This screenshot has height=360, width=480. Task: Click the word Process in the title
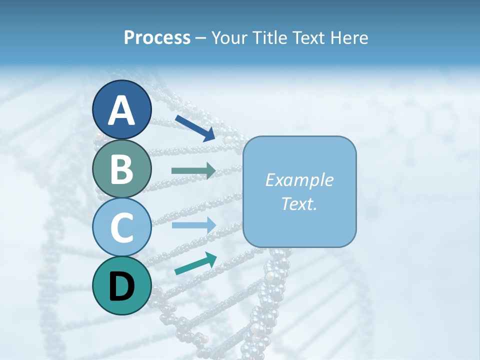[x=157, y=38]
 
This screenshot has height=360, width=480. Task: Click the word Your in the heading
[x=228, y=38]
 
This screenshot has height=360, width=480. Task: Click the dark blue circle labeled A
[x=121, y=110]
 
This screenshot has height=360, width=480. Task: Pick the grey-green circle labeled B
[x=121, y=168]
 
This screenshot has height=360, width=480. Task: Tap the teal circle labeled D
[x=121, y=285]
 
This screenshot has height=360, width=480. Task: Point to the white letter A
[x=121, y=111]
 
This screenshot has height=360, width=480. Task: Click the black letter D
[x=121, y=286]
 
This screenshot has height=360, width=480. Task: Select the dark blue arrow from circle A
[x=195, y=128]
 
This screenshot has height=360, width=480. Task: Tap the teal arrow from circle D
[x=195, y=263]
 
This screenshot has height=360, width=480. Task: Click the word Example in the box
[x=299, y=180]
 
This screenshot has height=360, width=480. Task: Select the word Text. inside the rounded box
[x=299, y=203]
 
